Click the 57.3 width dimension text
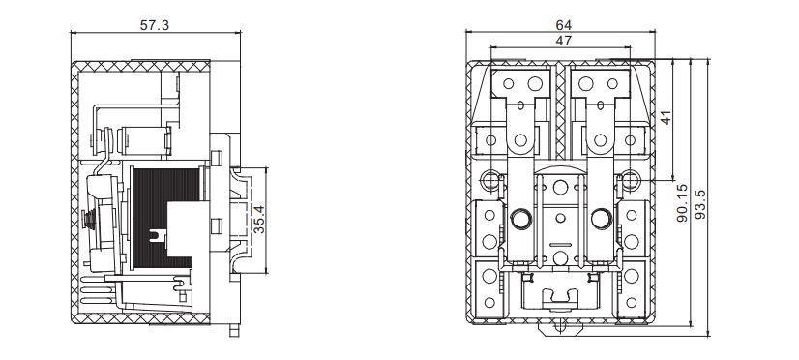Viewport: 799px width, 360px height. [x=155, y=25]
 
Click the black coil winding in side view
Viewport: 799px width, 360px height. [x=160, y=218]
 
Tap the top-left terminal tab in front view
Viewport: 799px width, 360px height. [x=522, y=87]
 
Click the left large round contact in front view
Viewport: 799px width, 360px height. [x=520, y=217]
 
